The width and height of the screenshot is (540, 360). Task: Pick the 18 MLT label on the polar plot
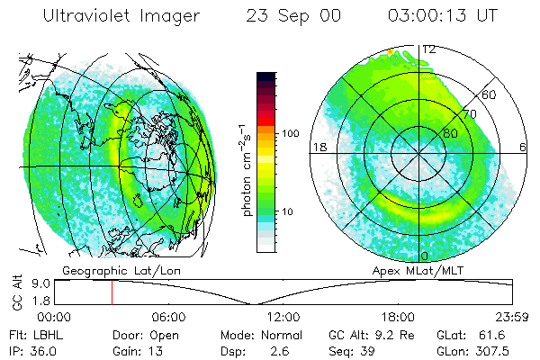[x=317, y=147]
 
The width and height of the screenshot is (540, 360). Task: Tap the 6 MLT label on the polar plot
[x=524, y=147]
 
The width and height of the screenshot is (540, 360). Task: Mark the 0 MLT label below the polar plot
[x=425, y=256]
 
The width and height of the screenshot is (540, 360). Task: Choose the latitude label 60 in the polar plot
[x=490, y=94]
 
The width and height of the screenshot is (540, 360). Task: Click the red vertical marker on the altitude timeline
[x=112, y=292]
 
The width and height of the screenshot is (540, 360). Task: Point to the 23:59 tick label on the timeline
[x=510, y=317]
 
